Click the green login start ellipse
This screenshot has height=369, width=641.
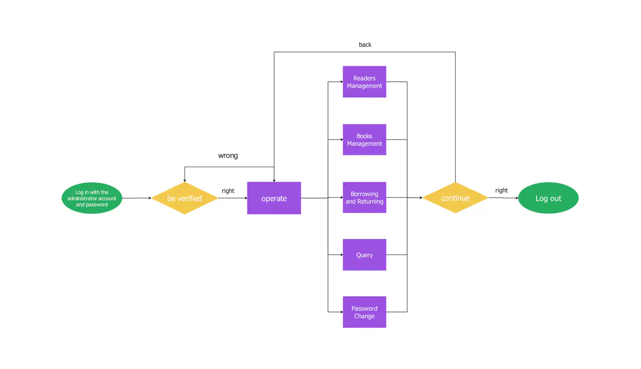(x=92, y=198)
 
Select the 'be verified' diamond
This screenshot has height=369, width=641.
(x=184, y=198)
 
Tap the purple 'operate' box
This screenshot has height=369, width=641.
(x=274, y=198)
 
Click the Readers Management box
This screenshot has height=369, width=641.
(x=364, y=82)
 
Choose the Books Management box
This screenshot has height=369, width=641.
(x=364, y=140)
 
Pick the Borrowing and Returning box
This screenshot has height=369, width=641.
(x=364, y=198)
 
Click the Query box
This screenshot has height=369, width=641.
(x=364, y=255)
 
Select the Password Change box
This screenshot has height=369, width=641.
(x=364, y=312)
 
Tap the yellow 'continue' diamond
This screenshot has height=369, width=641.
(x=455, y=198)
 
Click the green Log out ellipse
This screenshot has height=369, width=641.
(x=548, y=198)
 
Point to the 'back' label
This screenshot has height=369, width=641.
(x=365, y=45)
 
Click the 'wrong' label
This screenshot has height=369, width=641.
(x=228, y=156)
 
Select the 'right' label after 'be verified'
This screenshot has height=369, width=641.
(x=228, y=191)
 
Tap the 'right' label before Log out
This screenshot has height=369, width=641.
(x=501, y=190)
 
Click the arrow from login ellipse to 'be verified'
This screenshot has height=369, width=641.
(x=137, y=198)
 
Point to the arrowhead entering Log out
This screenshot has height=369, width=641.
(x=517, y=198)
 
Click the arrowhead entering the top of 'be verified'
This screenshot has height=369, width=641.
(x=185, y=180)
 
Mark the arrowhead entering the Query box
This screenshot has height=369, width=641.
(x=341, y=255)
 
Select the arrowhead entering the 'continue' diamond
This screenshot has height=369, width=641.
(x=421, y=198)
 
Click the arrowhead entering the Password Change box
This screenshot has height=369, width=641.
(x=341, y=312)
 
